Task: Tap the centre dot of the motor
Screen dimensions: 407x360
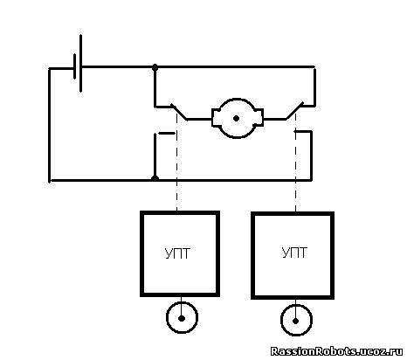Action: point(237,118)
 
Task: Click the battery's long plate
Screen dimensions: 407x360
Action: point(80,63)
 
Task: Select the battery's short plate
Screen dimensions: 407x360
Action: point(75,66)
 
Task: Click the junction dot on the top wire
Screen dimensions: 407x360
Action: point(155,67)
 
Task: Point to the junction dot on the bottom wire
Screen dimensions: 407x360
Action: point(155,178)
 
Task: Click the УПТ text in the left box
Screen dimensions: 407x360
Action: point(177,253)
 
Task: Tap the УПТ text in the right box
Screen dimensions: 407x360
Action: point(294,253)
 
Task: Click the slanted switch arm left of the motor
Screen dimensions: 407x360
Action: point(179,112)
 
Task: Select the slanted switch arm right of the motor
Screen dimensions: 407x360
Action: point(294,111)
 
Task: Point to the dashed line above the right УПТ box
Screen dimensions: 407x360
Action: point(296,163)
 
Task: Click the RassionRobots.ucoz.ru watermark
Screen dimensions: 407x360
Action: point(336,351)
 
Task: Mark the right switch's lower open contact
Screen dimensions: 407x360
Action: point(303,132)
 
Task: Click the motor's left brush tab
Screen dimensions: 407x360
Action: point(216,118)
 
